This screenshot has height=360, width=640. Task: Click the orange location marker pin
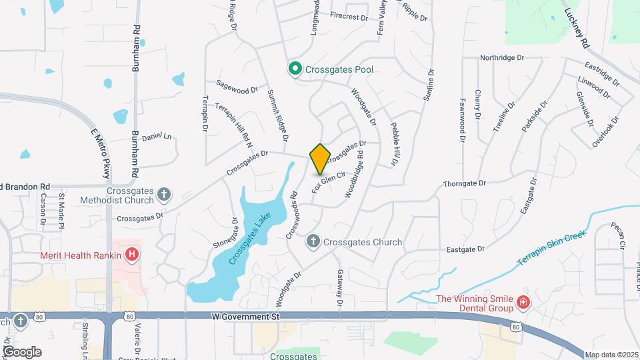coord(320,159)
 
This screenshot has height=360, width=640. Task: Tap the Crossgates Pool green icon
coord(294,69)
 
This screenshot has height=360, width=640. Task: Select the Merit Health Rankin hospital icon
coord(133,255)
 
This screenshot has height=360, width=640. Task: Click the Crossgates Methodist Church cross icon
coord(165,195)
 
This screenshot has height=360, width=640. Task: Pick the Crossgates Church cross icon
coord(313,242)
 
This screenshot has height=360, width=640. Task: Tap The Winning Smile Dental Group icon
coord(523,303)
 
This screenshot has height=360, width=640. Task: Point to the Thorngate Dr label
coord(465,183)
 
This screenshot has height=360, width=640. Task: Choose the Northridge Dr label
coord(502,58)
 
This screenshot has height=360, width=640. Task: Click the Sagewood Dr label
coord(236,87)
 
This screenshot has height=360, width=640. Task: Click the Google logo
coord(21,352)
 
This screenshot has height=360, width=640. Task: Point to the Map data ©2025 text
coord(611,355)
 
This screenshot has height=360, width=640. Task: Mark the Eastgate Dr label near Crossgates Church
coord(465,249)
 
